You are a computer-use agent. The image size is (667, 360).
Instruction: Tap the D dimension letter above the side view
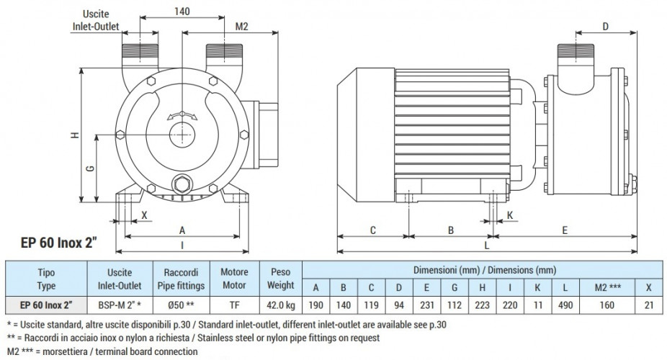(604, 26)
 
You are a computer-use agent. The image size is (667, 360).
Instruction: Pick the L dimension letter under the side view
(488, 246)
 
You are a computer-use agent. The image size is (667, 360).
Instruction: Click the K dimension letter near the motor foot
(509, 215)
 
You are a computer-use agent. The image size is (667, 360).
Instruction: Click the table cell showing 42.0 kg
(281, 304)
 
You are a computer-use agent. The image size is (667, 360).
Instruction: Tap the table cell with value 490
(565, 304)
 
